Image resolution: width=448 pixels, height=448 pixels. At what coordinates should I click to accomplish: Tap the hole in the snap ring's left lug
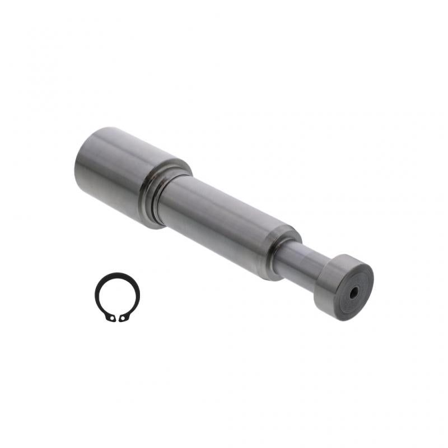tap(112, 319)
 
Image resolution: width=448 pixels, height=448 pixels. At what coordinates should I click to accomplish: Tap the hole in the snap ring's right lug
tap(123, 319)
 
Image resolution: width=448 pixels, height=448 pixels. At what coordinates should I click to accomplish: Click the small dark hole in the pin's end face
tap(354, 292)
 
